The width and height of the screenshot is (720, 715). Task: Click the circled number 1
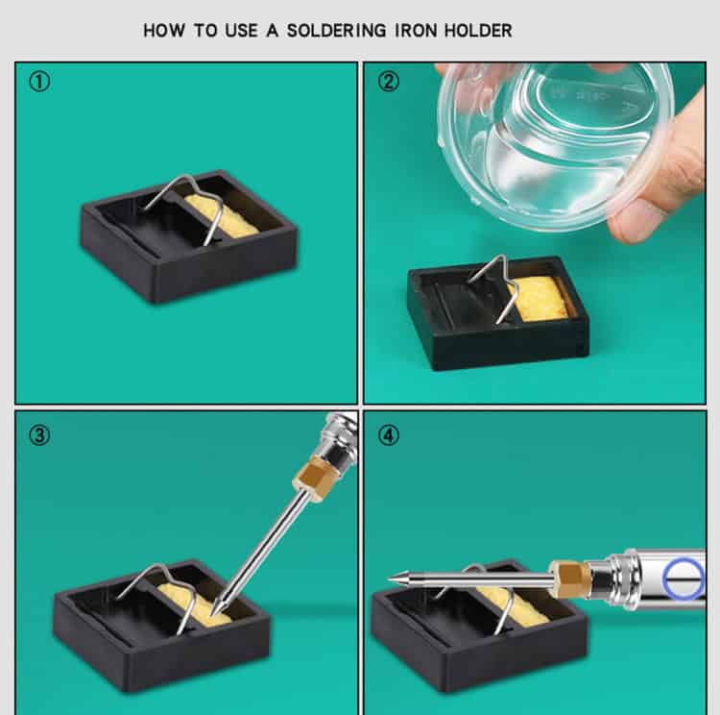coord(38,82)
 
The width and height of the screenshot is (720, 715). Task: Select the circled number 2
coord(388,82)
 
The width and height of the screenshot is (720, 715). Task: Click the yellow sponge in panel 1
coord(223,216)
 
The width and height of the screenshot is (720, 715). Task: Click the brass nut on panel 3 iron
coord(313,475)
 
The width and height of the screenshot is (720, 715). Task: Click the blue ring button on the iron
coord(683,579)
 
